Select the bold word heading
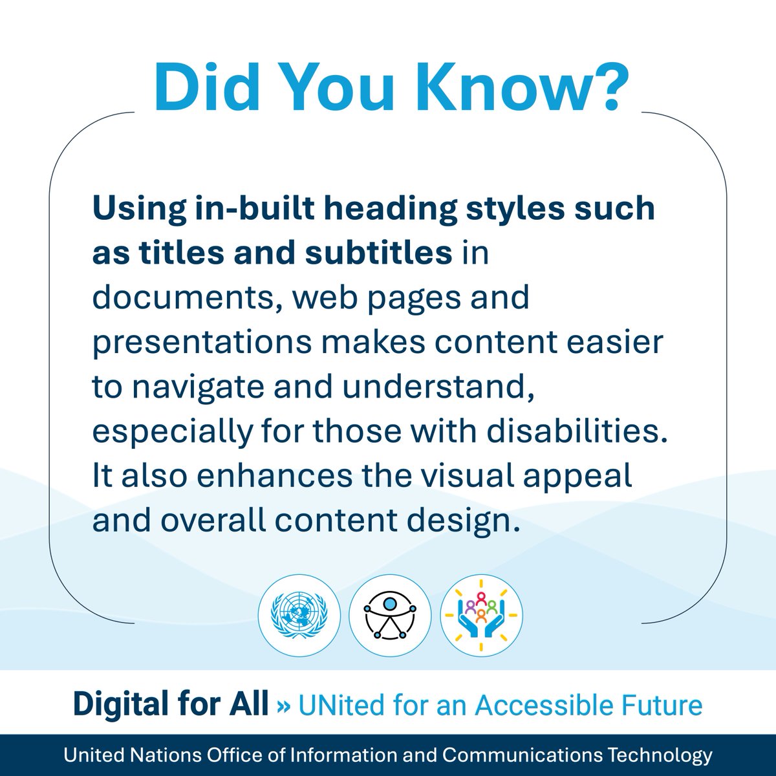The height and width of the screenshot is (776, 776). (x=359, y=209)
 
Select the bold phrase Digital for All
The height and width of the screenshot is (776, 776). (x=171, y=704)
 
